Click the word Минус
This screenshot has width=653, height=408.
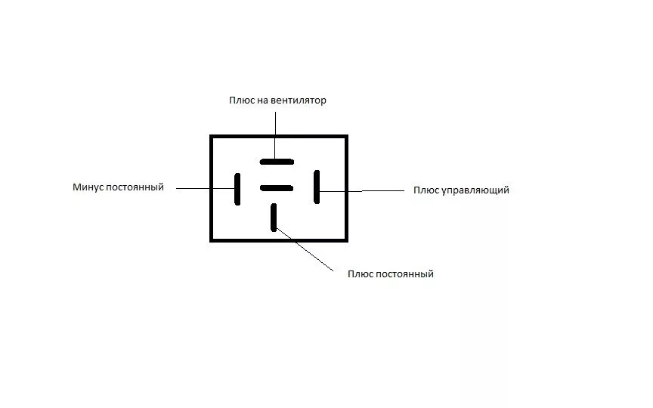point(90,187)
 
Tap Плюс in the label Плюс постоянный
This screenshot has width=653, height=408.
point(360,274)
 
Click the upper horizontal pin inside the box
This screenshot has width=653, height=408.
point(277,161)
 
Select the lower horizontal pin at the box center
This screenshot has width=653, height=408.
point(277,187)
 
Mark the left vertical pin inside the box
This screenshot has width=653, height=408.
point(237,188)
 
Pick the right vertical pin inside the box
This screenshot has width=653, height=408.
point(317,187)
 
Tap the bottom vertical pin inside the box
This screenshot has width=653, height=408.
point(274,216)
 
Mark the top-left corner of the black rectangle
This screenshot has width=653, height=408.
point(211,136)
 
